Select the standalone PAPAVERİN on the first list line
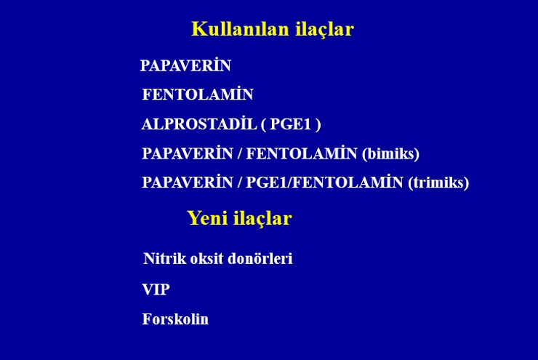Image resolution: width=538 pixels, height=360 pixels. click(x=185, y=65)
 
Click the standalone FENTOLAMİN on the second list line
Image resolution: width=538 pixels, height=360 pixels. click(x=198, y=94)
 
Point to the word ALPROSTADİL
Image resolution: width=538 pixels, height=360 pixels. click(x=199, y=124)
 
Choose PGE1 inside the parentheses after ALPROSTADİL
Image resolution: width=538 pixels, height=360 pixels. click(x=291, y=124)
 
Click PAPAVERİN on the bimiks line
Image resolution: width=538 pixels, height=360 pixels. click(x=188, y=153)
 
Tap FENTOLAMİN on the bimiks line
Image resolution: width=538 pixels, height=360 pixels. click(x=302, y=153)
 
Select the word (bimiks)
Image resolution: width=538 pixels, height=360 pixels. click(x=391, y=153)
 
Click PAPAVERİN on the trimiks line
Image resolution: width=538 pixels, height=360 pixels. click(x=188, y=182)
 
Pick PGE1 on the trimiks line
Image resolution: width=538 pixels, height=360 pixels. click(x=267, y=183)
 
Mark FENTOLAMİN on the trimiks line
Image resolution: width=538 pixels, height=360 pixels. click(x=348, y=182)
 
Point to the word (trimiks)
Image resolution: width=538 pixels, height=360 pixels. click(x=438, y=183)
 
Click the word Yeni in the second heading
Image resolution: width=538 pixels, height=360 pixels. click(x=208, y=218)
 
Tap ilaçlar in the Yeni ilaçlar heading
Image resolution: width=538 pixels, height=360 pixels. click(x=263, y=219)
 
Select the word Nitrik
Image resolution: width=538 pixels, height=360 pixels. click(x=164, y=258)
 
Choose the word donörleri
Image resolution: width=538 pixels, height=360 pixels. click(x=260, y=258)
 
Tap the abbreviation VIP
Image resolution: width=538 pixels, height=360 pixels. click(x=156, y=289)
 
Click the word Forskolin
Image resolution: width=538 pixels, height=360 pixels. click(x=175, y=319)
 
